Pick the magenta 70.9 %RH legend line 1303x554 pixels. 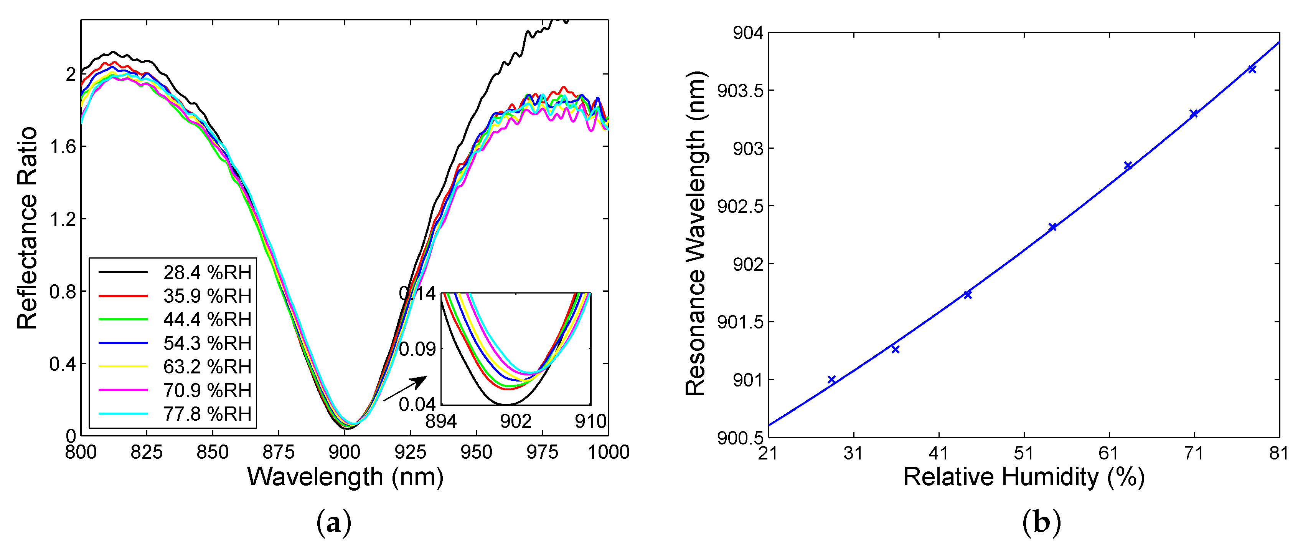[x=123, y=390]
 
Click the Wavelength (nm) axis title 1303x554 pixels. [x=345, y=477]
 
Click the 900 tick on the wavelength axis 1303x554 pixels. [x=345, y=452]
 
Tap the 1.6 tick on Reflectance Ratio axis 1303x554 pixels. [x=63, y=147]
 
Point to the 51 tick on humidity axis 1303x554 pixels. [x=1024, y=453]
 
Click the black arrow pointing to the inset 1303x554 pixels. [x=405, y=388]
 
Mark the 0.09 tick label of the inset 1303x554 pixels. [x=417, y=349]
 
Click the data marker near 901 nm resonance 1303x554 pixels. [x=831, y=379]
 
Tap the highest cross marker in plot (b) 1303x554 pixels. [x=1252, y=69]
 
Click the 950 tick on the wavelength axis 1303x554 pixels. [x=476, y=452]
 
